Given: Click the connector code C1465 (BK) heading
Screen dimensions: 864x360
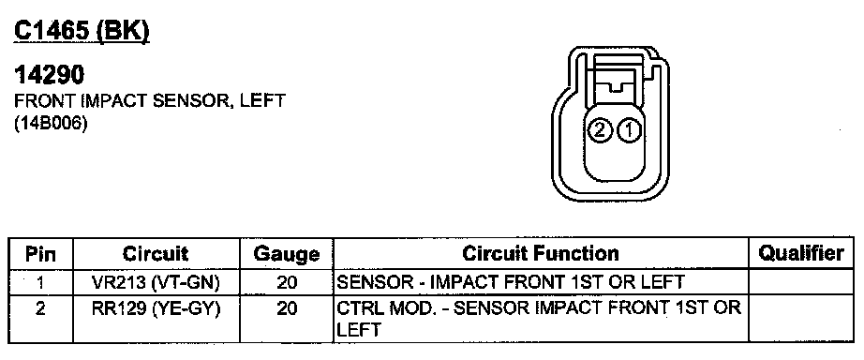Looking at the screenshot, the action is (x=82, y=31).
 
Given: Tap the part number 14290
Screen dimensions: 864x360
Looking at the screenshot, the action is (x=50, y=75).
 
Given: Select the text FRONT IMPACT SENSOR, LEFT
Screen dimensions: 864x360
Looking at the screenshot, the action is (x=150, y=101).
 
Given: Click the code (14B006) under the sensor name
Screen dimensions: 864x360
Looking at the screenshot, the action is (x=52, y=124).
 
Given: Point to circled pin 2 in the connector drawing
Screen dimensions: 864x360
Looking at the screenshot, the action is (x=600, y=131).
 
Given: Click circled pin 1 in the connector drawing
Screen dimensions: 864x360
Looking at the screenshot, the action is (x=629, y=131).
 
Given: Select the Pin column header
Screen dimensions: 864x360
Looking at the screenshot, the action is (x=41, y=254).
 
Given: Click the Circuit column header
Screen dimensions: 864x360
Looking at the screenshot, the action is (x=156, y=254).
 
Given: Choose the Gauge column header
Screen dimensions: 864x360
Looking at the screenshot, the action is (x=287, y=254).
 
